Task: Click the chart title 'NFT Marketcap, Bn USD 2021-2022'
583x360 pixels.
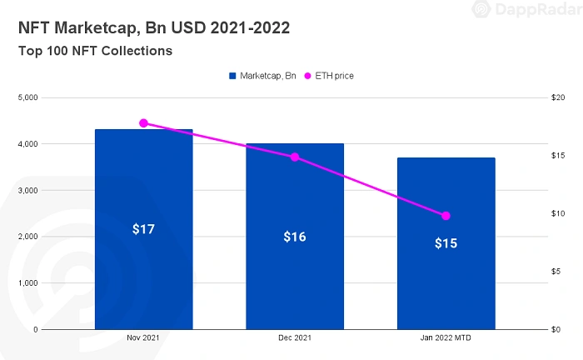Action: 154,28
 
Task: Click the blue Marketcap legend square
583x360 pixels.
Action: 232,76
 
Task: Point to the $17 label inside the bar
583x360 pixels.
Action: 143,228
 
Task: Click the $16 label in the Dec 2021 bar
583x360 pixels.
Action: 295,237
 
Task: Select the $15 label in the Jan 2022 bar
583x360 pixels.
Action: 446,244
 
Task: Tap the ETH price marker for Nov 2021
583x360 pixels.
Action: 143,123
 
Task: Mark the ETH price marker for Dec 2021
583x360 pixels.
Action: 295,157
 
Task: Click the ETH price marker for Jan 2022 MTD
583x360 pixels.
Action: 446,216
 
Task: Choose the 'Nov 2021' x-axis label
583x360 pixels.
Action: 143,339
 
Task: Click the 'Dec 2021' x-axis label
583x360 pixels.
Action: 295,339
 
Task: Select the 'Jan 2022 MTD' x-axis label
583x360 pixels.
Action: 446,339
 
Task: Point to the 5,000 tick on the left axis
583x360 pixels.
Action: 27,97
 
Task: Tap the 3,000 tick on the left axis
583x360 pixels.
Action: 27,190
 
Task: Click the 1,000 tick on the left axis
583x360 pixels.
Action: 27,283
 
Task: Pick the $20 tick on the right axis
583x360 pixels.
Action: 559,97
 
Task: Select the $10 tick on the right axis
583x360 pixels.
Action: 559,213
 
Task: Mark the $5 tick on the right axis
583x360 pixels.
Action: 557,272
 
